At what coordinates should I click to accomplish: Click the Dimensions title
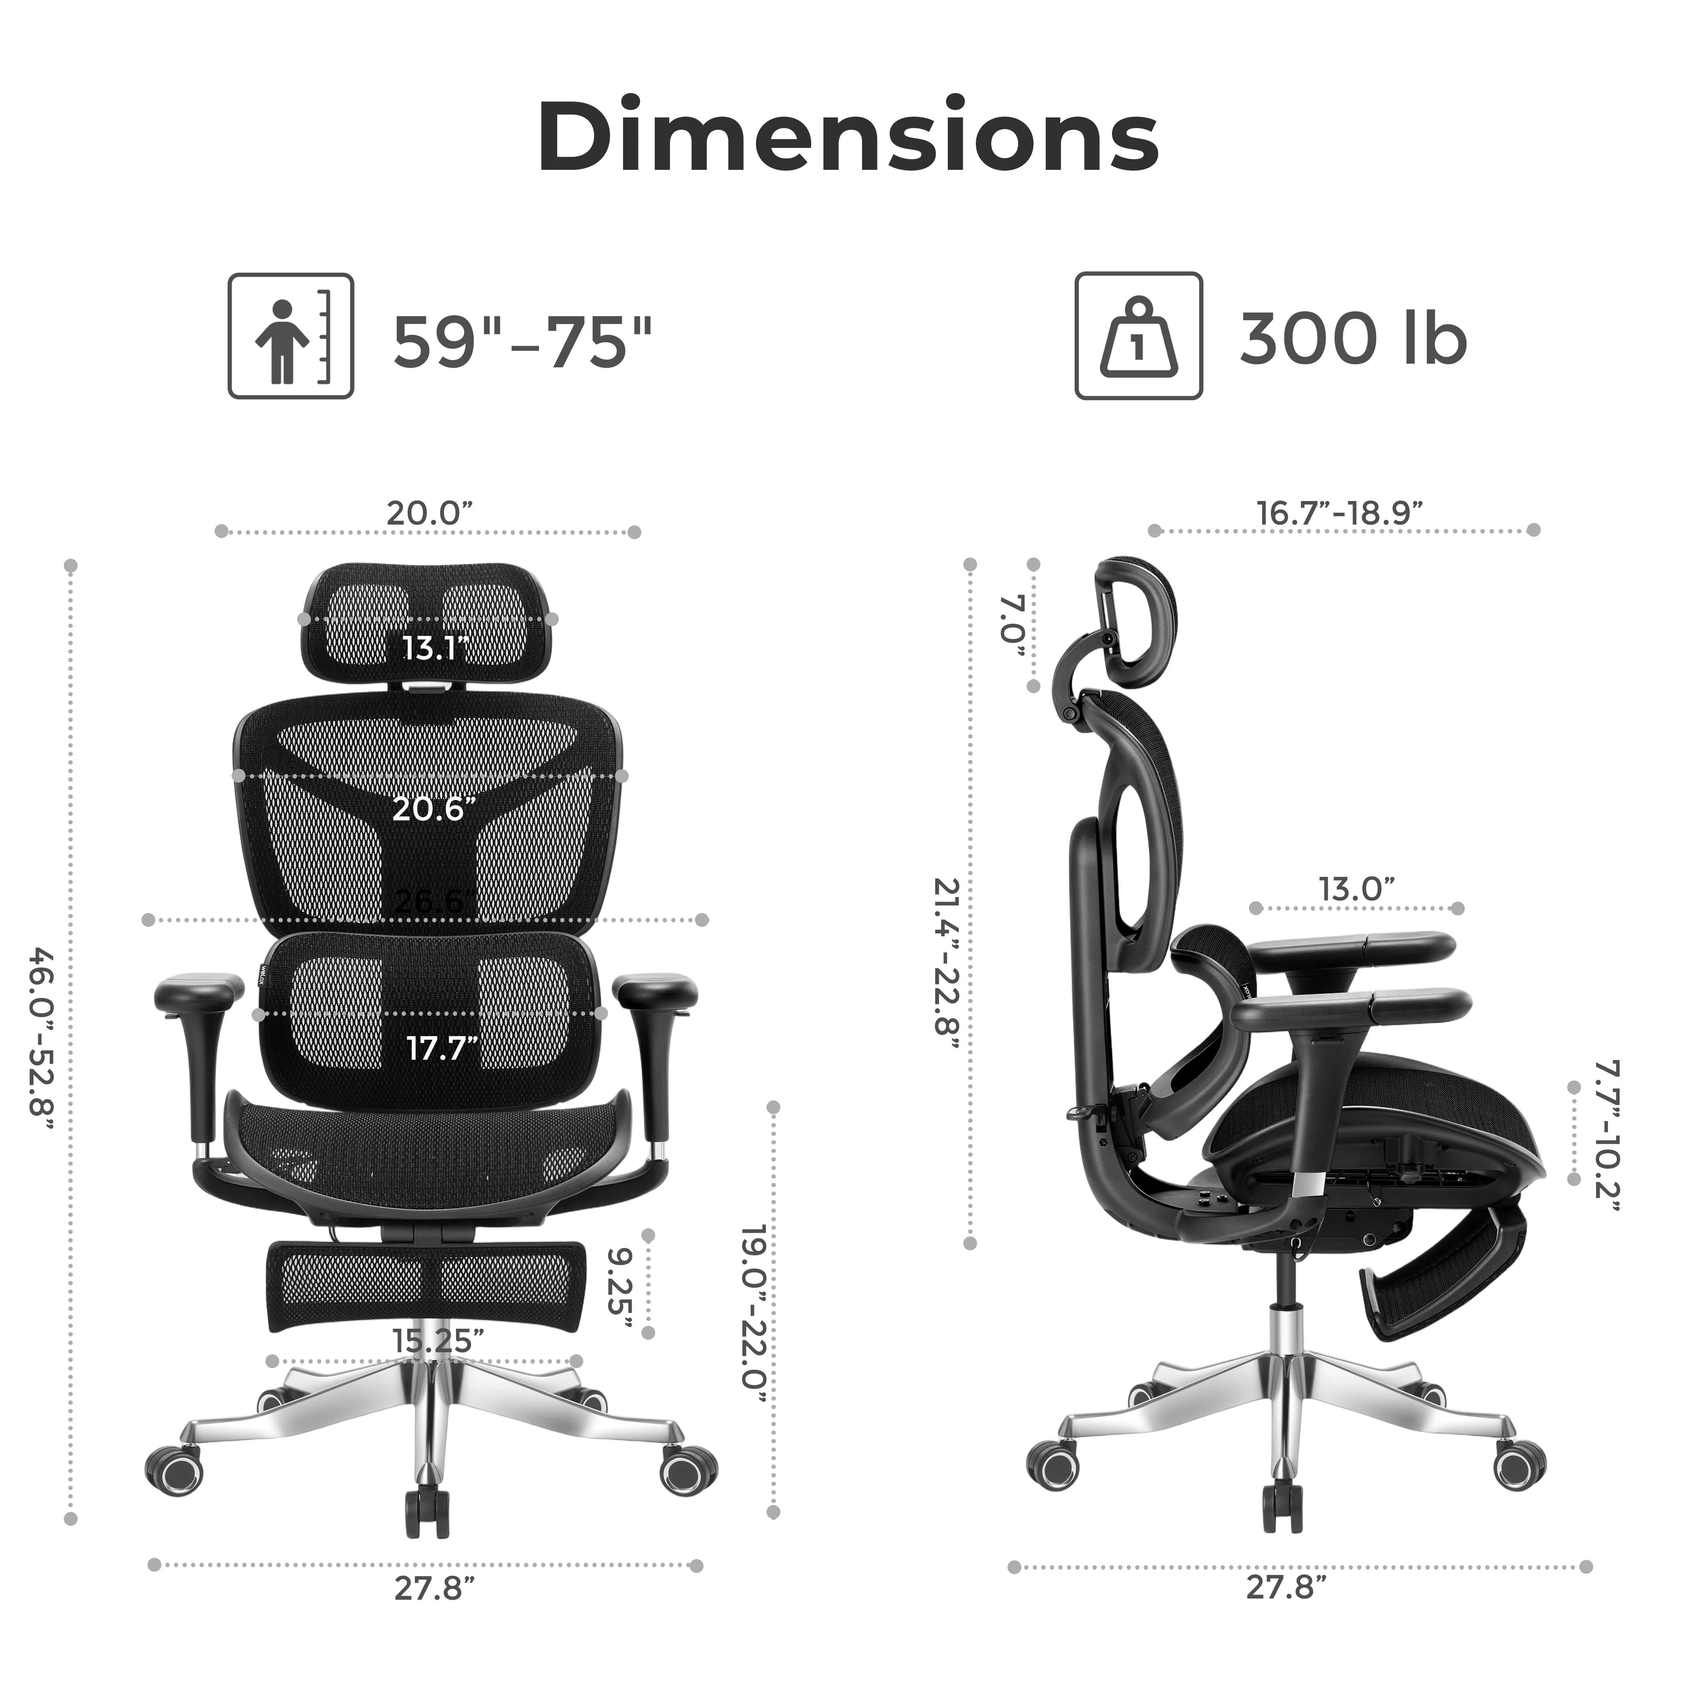click(x=847, y=138)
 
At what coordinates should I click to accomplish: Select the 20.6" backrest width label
click(x=433, y=809)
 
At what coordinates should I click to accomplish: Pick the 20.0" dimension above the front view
click(x=430, y=513)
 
